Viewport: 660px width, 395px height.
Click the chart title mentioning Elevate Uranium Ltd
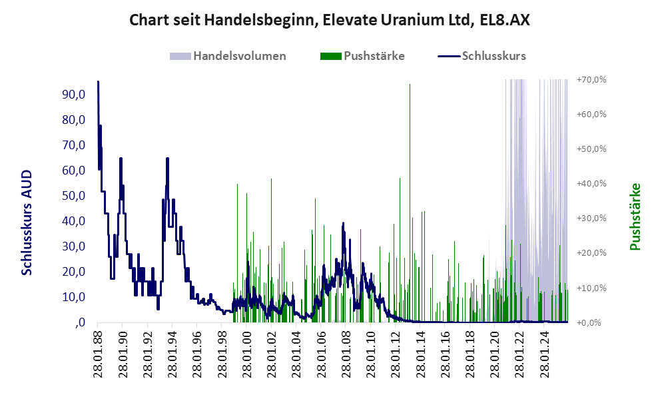click(330, 20)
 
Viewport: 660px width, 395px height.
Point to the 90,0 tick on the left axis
click(74, 95)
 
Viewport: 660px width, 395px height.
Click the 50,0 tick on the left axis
click(74, 196)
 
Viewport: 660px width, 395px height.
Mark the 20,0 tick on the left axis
click(74, 272)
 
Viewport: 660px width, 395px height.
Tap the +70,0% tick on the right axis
click(591, 79)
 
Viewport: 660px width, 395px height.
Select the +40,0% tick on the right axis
click(591, 183)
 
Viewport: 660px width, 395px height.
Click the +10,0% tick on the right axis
click(591, 288)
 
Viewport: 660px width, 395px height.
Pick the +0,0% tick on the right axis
click(592, 322)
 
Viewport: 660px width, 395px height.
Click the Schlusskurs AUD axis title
click(27, 222)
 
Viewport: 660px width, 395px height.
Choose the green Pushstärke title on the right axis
click(635, 217)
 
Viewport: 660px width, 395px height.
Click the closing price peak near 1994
click(167, 159)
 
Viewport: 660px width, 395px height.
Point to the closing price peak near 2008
click(343, 223)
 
